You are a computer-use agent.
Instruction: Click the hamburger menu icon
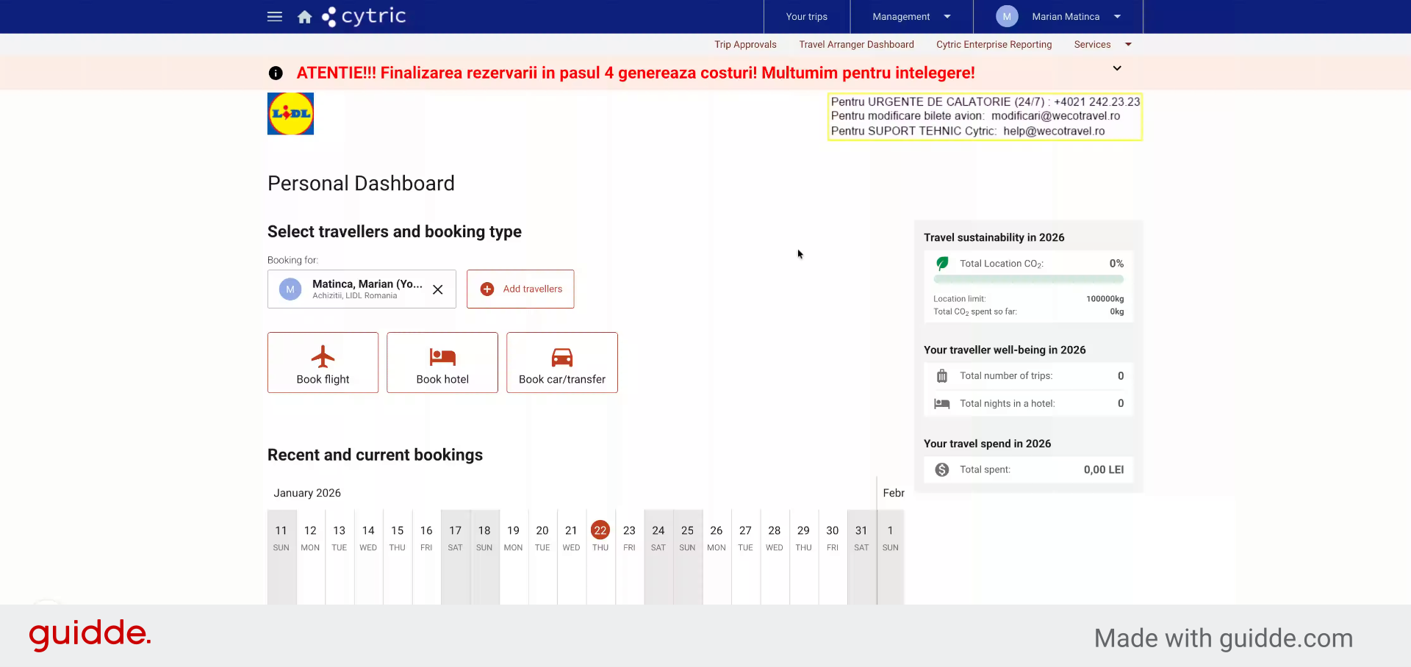click(x=275, y=16)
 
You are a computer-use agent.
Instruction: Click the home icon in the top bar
click(x=305, y=17)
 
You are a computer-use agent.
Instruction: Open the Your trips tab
click(x=806, y=16)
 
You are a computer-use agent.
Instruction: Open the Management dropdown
click(x=911, y=16)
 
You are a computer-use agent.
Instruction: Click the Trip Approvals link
click(x=745, y=44)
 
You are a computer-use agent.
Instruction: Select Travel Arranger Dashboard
click(x=856, y=44)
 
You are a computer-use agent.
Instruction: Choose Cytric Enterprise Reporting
click(x=994, y=44)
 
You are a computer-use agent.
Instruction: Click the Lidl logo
click(x=290, y=114)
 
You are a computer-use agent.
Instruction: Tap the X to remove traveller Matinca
click(x=438, y=289)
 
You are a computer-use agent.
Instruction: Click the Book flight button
click(x=323, y=363)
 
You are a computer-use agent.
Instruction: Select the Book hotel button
click(x=442, y=363)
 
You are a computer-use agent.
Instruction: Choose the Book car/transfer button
click(x=562, y=363)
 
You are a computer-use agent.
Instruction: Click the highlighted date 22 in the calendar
click(x=600, y=530)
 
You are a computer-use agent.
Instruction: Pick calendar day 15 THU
click(x=398, y=538)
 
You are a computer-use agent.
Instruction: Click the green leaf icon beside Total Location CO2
click(x=942, y=263)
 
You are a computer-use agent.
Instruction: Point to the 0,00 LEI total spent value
click(x=1104, y=469)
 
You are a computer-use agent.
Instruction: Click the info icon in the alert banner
click(x=276, y=73)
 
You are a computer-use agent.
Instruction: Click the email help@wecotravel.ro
click(x=1054, y=131)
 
